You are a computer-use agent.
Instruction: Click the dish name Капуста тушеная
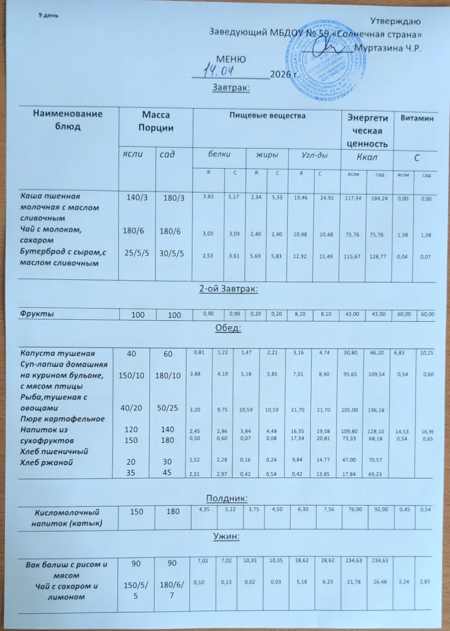click(51, 352)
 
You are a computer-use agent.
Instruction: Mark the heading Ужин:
click(226, 537)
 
